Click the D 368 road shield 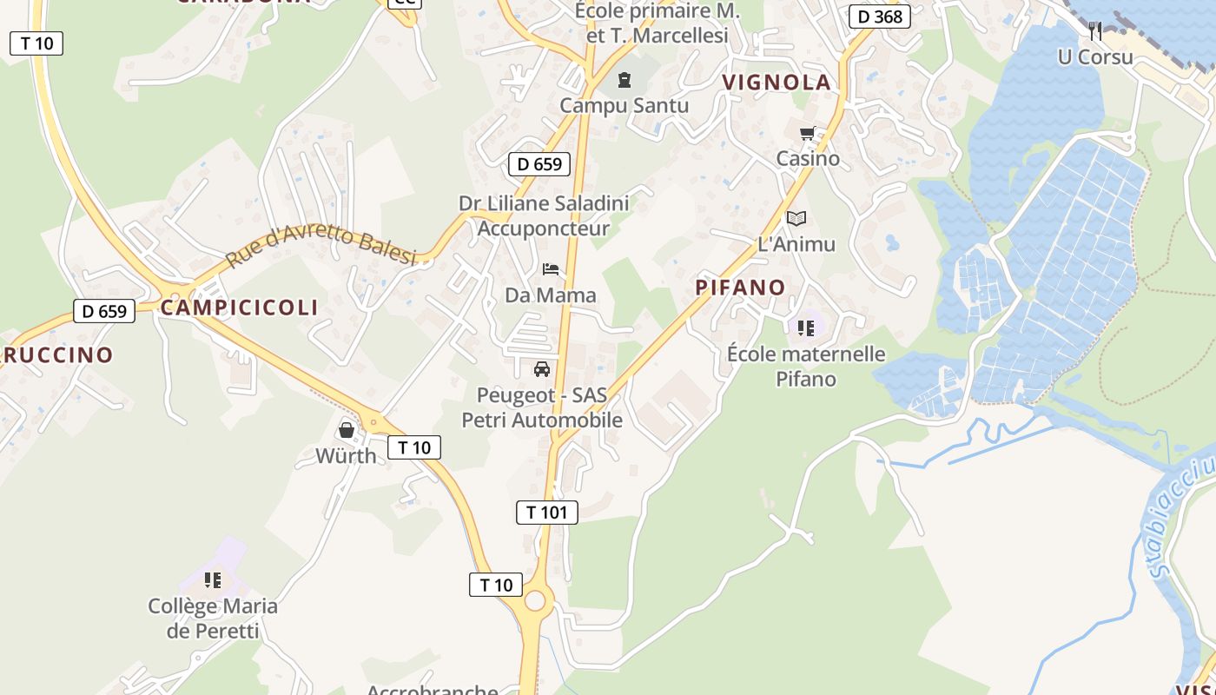click(879, 17)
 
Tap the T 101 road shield click(547, 512)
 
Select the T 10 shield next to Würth click(414, 447)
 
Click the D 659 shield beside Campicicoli click(104, 311)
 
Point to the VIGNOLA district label click(777, 83)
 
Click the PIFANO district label click(740, 288)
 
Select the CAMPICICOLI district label click(239, 308)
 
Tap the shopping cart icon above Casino click(808, 134)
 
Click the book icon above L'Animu click(796, 219)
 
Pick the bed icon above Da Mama click(551, 270)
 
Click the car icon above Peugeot click(542, 369)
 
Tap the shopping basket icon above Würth click(346, 430)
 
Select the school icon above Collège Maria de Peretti click(213, 580)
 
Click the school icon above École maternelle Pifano click(805, 328)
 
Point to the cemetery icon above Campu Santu click(624, 81)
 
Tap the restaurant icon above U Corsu click(1095, 31)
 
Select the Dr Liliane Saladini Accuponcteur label click(544, 215)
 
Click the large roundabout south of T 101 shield click(535, 600)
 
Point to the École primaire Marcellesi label click(657, 23)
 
